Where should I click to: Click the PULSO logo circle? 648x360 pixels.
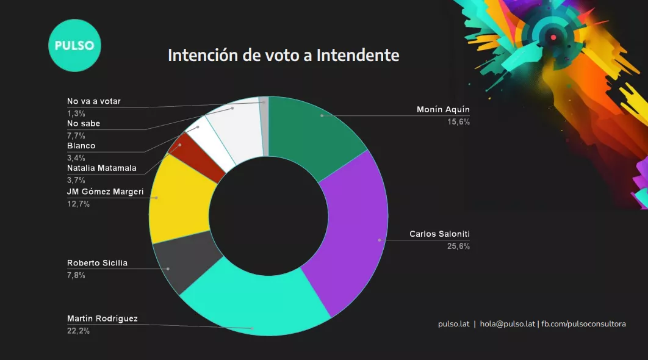coord(74,46)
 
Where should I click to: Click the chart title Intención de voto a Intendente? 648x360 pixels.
coord(283,56)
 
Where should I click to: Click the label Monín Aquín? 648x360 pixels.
coord(444,110)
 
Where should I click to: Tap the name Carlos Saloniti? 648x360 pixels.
coord(439,234)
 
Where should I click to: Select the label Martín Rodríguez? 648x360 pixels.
coord(103,319)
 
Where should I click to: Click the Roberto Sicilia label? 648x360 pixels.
coord(97,264)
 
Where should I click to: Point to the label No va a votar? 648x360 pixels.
coord(93,102)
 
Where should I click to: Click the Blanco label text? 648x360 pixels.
coord(81,146)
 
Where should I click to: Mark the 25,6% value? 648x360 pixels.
coord(458,247)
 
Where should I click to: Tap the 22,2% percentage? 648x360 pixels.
coord(78,331)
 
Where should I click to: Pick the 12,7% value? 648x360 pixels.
coord(78,204)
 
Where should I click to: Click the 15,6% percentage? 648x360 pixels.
coord(458,122)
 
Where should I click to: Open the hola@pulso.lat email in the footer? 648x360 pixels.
coord(508,324)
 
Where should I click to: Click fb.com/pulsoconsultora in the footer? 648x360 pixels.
coord(584,324)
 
